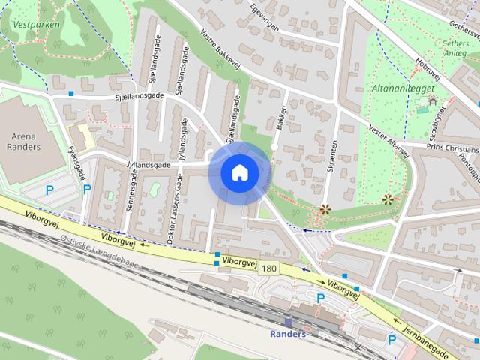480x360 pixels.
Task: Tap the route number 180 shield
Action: pos(269,268)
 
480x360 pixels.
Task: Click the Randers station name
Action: pos(289,334)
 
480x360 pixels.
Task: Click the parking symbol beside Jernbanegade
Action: pos(391,340)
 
